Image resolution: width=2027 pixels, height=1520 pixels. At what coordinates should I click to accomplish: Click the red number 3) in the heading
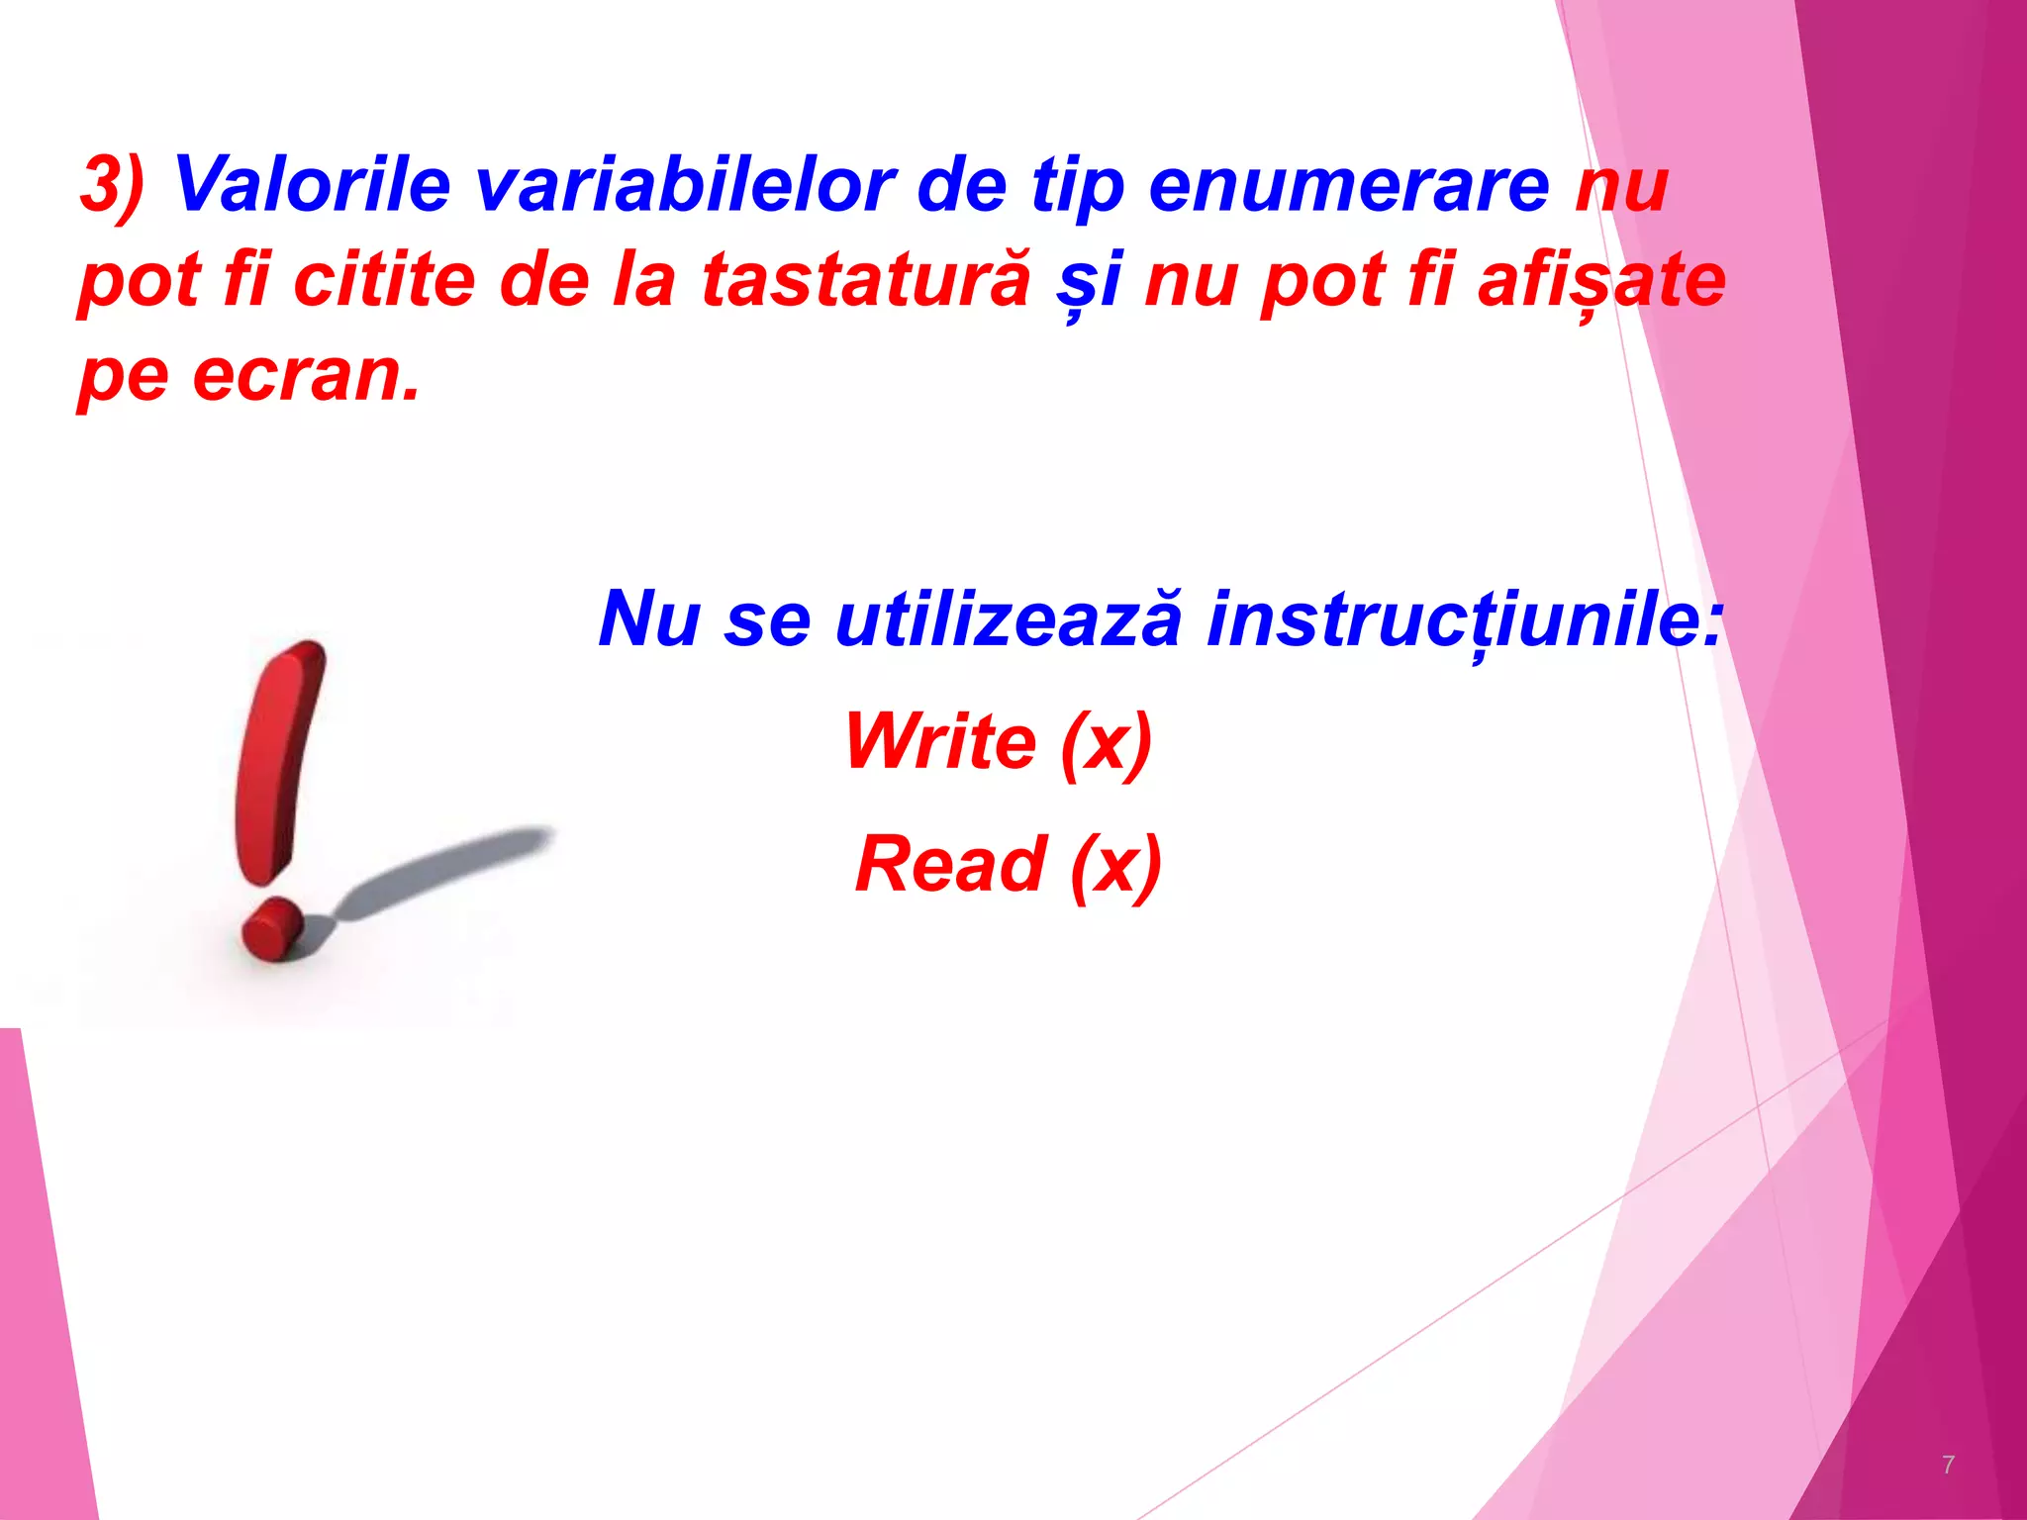pyautogui.click(x=111, y=186)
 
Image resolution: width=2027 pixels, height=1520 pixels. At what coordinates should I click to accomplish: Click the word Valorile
pyautogui.click(x=312, y=184)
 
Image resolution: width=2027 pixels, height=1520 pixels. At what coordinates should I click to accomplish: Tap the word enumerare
pyautogui.click(x=1348, y=186)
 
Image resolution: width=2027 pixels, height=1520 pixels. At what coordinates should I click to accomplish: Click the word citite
pyautogui.click(x=384, y=280)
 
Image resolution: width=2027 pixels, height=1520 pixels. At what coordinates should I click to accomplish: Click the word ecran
pyautogui.click(x=305, y=376)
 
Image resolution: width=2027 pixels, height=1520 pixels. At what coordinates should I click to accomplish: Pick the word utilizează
pyautogui.click(x=1008, y=619)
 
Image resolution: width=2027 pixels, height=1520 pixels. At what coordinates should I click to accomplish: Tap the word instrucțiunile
pyautogui.click(x=1463, y=619)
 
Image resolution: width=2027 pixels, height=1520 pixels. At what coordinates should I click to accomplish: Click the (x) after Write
pyautogui.click(x=1107, y=742)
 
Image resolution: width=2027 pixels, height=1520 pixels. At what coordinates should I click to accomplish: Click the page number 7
pyautogui.click(x=1948, y=1465)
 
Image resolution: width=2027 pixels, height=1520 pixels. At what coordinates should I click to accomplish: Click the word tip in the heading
pyautogui.click(x=1077, y=186)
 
